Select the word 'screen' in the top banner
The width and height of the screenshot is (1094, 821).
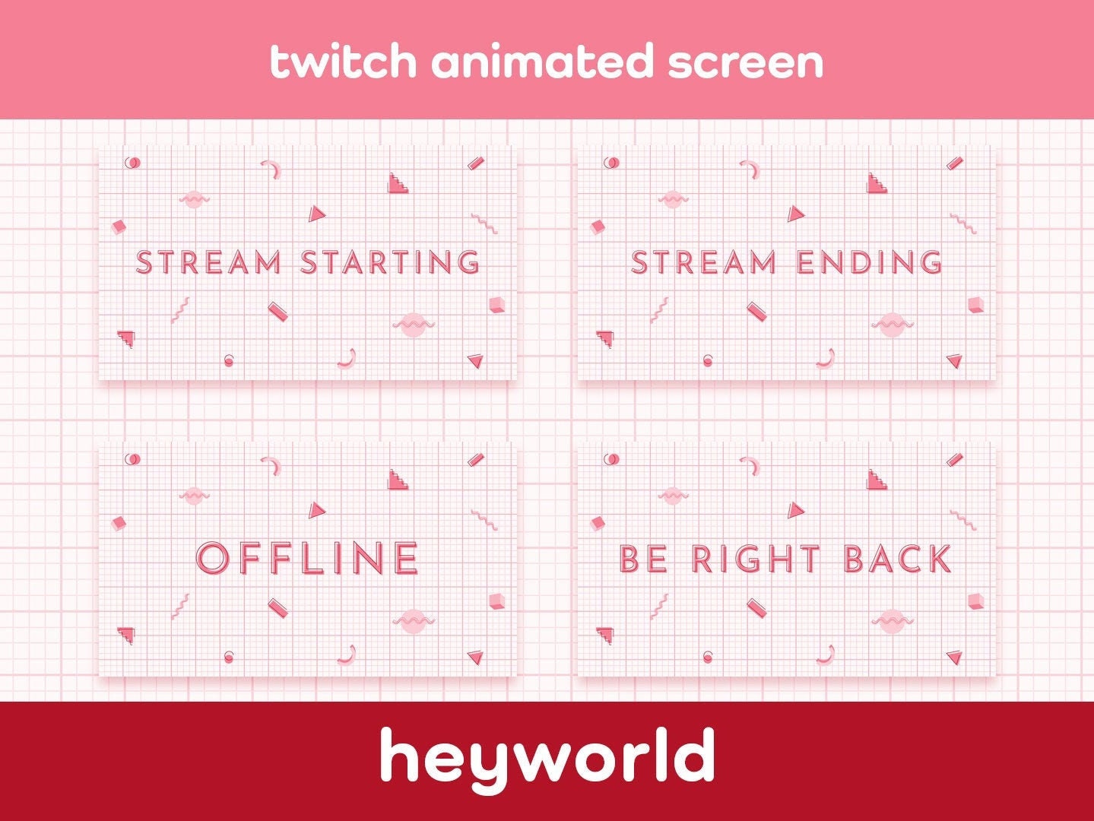click(x=746, y=62)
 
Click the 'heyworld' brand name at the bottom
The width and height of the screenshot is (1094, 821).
click(x=547, y=756)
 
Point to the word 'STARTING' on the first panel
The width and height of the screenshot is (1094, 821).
click(x=391, y=262)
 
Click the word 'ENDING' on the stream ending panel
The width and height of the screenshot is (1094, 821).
click(x=870, y=262)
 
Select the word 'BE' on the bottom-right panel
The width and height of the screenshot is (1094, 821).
click(x=644, y=559)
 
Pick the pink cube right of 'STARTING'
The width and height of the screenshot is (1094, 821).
click(x=496, y=305)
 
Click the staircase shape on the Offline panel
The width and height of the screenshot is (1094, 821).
click(x=398, y=480)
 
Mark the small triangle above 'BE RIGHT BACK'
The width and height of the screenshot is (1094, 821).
click(x=795, y=510)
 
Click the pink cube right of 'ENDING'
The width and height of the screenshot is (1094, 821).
click(x=975, y=305)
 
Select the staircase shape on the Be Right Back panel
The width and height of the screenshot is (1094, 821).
click(x=877, y=480)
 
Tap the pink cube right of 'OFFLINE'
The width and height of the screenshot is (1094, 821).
click(x=496, y=601)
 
